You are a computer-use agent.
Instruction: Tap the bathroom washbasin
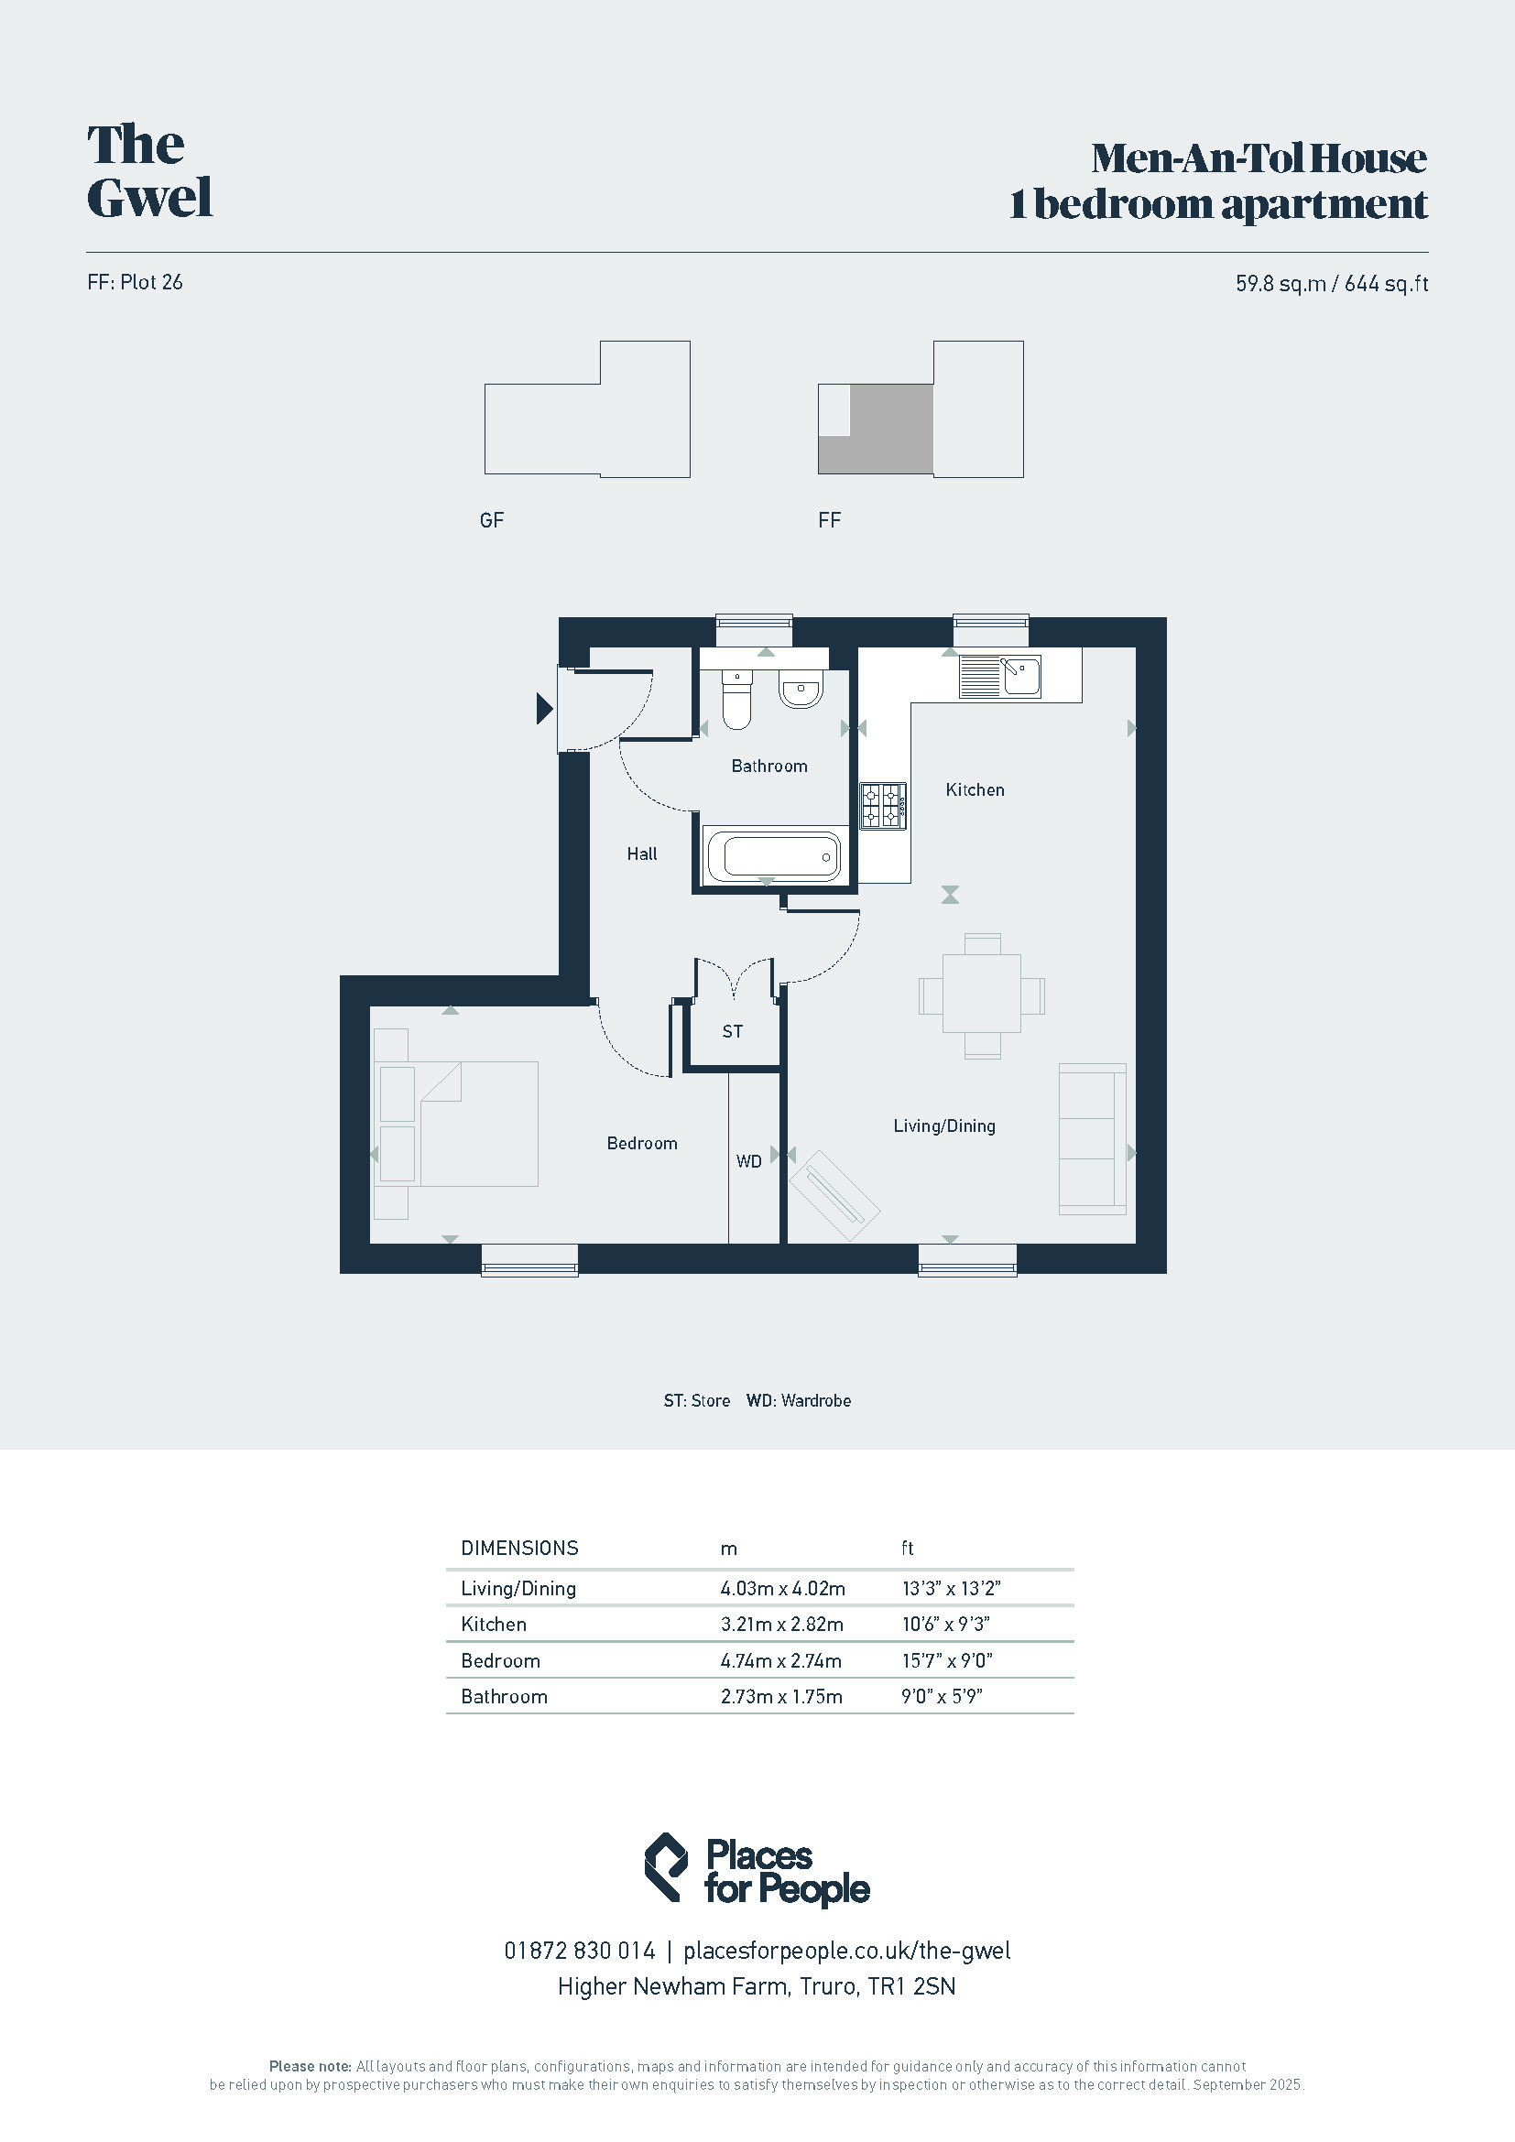pos(801,690)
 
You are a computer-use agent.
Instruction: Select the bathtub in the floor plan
pos(773,854)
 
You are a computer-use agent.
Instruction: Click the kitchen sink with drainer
pos(1000,677)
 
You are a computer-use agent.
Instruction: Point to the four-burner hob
pos(882,805)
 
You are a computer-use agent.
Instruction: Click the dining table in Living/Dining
pos(981,994)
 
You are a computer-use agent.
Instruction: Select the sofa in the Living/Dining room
pos(1093,1138)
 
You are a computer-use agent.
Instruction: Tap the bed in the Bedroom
pos(477,1124)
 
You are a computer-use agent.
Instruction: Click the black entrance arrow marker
pos(545,709)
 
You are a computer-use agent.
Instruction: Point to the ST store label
pos(733,1031)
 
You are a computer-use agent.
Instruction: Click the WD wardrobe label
pos(749,1161)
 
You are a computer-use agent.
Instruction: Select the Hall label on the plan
pos(642,854)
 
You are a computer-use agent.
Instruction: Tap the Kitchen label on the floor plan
pos(975,789)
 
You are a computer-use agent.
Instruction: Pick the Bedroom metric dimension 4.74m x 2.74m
pos(780,1660)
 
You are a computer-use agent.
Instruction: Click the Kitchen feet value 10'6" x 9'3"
pos(945,1625)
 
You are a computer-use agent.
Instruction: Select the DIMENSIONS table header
pos(519,1549)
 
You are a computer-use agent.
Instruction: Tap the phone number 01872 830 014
pos(579,1951)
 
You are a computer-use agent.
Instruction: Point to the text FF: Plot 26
pos(136,282)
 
